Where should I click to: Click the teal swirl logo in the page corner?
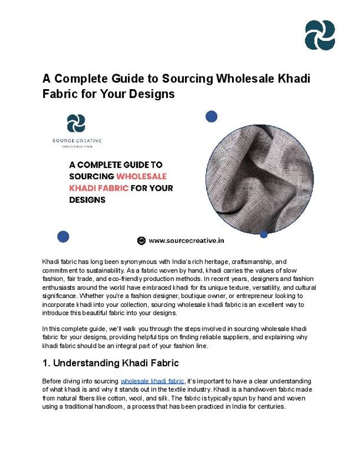point(320,35)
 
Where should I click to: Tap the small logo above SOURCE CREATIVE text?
point(76,123)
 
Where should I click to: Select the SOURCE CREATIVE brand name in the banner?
point(77,141)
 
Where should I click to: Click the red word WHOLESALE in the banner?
point(141,176)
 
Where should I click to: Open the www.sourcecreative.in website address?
point(186,241)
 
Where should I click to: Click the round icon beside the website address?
point(141,241)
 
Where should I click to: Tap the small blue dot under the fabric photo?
point(264,234)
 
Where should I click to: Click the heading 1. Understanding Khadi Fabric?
point(110,363)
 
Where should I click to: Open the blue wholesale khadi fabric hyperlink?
point(152,381)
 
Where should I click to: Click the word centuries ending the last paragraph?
point(270,406)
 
